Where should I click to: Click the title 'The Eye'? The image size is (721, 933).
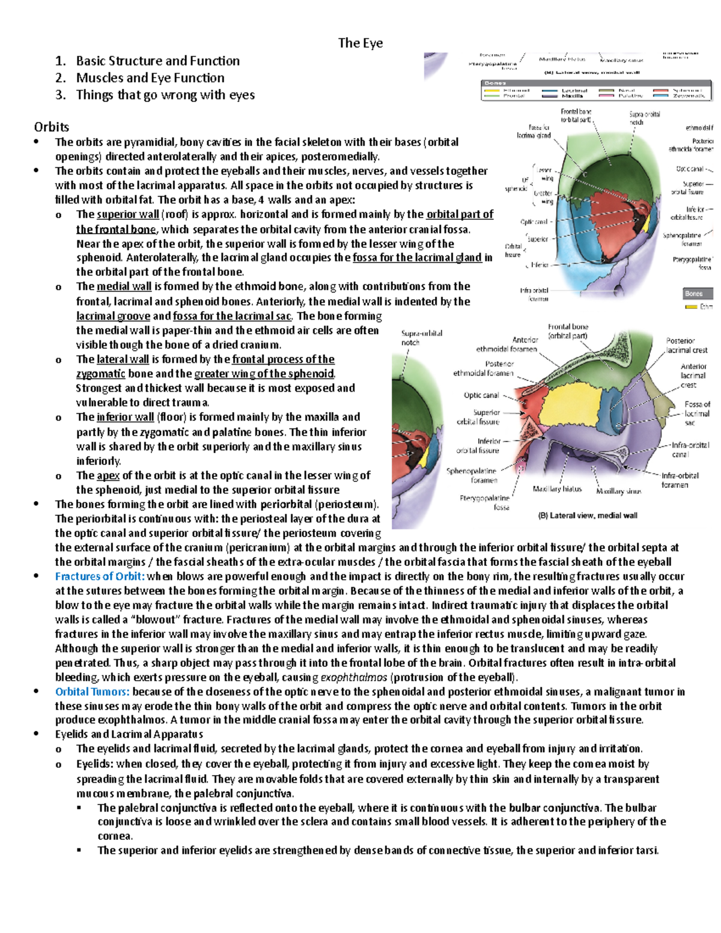360,43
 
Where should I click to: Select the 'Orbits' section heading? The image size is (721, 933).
51,127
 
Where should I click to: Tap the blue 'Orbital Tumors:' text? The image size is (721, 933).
93,691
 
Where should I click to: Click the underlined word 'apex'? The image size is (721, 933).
108,475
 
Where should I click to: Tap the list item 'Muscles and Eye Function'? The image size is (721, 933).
150,77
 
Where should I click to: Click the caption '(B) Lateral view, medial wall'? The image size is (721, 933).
588,515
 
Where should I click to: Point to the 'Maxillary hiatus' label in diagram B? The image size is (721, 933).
557,489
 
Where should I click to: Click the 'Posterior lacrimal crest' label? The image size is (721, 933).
686,345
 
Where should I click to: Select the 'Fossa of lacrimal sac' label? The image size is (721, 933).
696,413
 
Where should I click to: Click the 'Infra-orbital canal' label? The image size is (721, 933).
690,450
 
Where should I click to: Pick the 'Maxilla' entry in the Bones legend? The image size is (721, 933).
572,96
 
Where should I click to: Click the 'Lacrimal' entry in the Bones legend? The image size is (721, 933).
574,90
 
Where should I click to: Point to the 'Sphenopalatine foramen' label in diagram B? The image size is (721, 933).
472,475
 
